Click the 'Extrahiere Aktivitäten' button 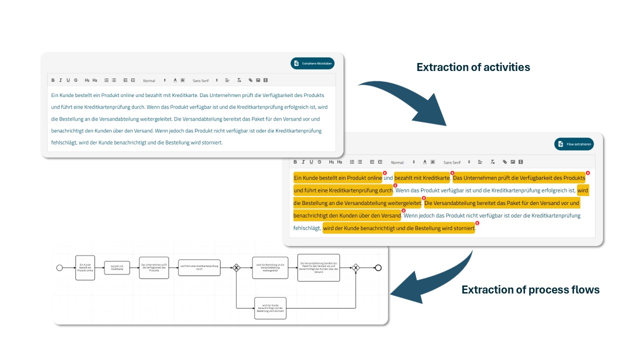pos(312,63)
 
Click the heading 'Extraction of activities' pos(473,67)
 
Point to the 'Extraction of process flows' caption pos(530,289)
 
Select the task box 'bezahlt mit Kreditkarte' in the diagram pos(116,268)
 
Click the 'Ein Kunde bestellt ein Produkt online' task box pos(85,268)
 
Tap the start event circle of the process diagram pos(59,268)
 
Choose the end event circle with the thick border pos(378,268)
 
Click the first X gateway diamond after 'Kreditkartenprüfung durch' pos(236,268)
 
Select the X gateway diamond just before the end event pos(355,268)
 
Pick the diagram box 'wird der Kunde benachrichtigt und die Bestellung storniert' pos(270,308)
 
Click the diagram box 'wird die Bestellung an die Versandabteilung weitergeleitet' pos(270,268)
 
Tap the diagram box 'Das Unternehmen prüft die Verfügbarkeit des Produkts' pos(153,268)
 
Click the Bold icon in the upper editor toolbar pos(53,80)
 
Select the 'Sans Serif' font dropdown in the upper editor pos(205,80)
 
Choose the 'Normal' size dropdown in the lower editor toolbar pos(403,162)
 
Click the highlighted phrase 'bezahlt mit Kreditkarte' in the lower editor pos(422,178)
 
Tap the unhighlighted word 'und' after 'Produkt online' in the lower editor pos(388,178)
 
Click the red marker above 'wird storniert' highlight pos(477,223)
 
